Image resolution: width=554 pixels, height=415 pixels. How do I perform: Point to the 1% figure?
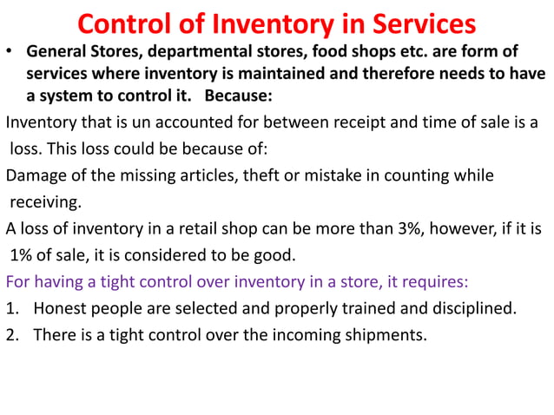(x=24, y=256)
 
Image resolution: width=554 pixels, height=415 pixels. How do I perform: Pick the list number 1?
(x=12, y=309)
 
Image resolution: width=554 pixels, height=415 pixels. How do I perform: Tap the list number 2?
(x=12, y=335)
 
